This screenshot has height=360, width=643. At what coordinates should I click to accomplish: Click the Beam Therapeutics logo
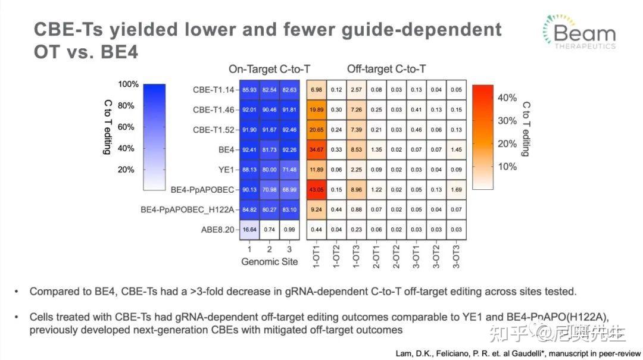579,32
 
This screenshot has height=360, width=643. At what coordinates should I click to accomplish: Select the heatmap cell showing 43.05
316,190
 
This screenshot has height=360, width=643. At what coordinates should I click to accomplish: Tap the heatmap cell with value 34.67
316,149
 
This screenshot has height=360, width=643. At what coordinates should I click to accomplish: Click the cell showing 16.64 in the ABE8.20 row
249,230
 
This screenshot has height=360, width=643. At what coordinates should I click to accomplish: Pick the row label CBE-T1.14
213,90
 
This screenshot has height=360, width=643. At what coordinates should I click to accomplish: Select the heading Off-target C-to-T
386,69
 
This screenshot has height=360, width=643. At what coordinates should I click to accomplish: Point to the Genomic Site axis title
270,262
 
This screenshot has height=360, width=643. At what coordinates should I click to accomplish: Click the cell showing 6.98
316,90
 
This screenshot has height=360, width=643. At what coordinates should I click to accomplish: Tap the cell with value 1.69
456,190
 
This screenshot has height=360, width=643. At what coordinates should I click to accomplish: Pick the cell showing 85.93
249,90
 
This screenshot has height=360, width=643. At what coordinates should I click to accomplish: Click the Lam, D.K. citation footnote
518,352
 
